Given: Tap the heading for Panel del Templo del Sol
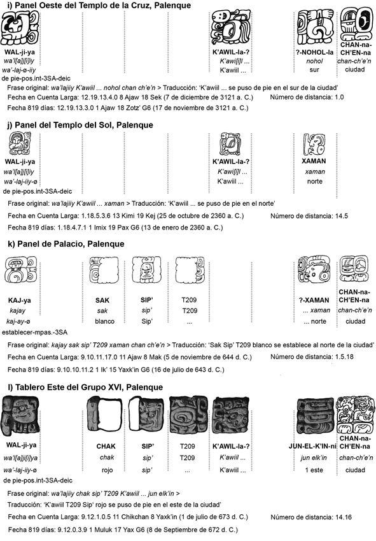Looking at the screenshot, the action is click(x=80, y=124).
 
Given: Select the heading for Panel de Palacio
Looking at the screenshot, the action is click(x=66, y=244).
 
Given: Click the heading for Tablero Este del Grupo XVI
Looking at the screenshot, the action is click(x=85, y=387).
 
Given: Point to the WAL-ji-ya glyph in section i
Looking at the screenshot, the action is click(x=20, y=27).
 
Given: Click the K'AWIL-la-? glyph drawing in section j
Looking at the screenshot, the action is click(x=230, y=144).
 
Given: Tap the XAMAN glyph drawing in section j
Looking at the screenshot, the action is click(x=314, y=144).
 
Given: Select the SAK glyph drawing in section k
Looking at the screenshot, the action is click(x=103, y=270).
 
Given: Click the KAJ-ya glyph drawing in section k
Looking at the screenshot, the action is click(x=20, y=270).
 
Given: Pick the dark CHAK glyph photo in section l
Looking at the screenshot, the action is click(x=104, y=414).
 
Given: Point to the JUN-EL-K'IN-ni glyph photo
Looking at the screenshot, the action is click(x=315, y=415).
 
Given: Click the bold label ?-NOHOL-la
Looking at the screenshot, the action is click(x=315, y=52).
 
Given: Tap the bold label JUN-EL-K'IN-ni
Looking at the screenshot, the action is click(x=312, y=446).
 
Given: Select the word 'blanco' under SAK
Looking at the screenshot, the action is click(x=105, y=321).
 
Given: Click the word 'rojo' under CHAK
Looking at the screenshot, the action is click(x=107, y=470).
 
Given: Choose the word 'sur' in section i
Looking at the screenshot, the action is click(x=314, y=69).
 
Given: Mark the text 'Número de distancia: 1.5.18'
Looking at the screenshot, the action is click(x=312, y=357).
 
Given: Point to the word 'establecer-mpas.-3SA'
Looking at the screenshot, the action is click(x=35, y=333).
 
